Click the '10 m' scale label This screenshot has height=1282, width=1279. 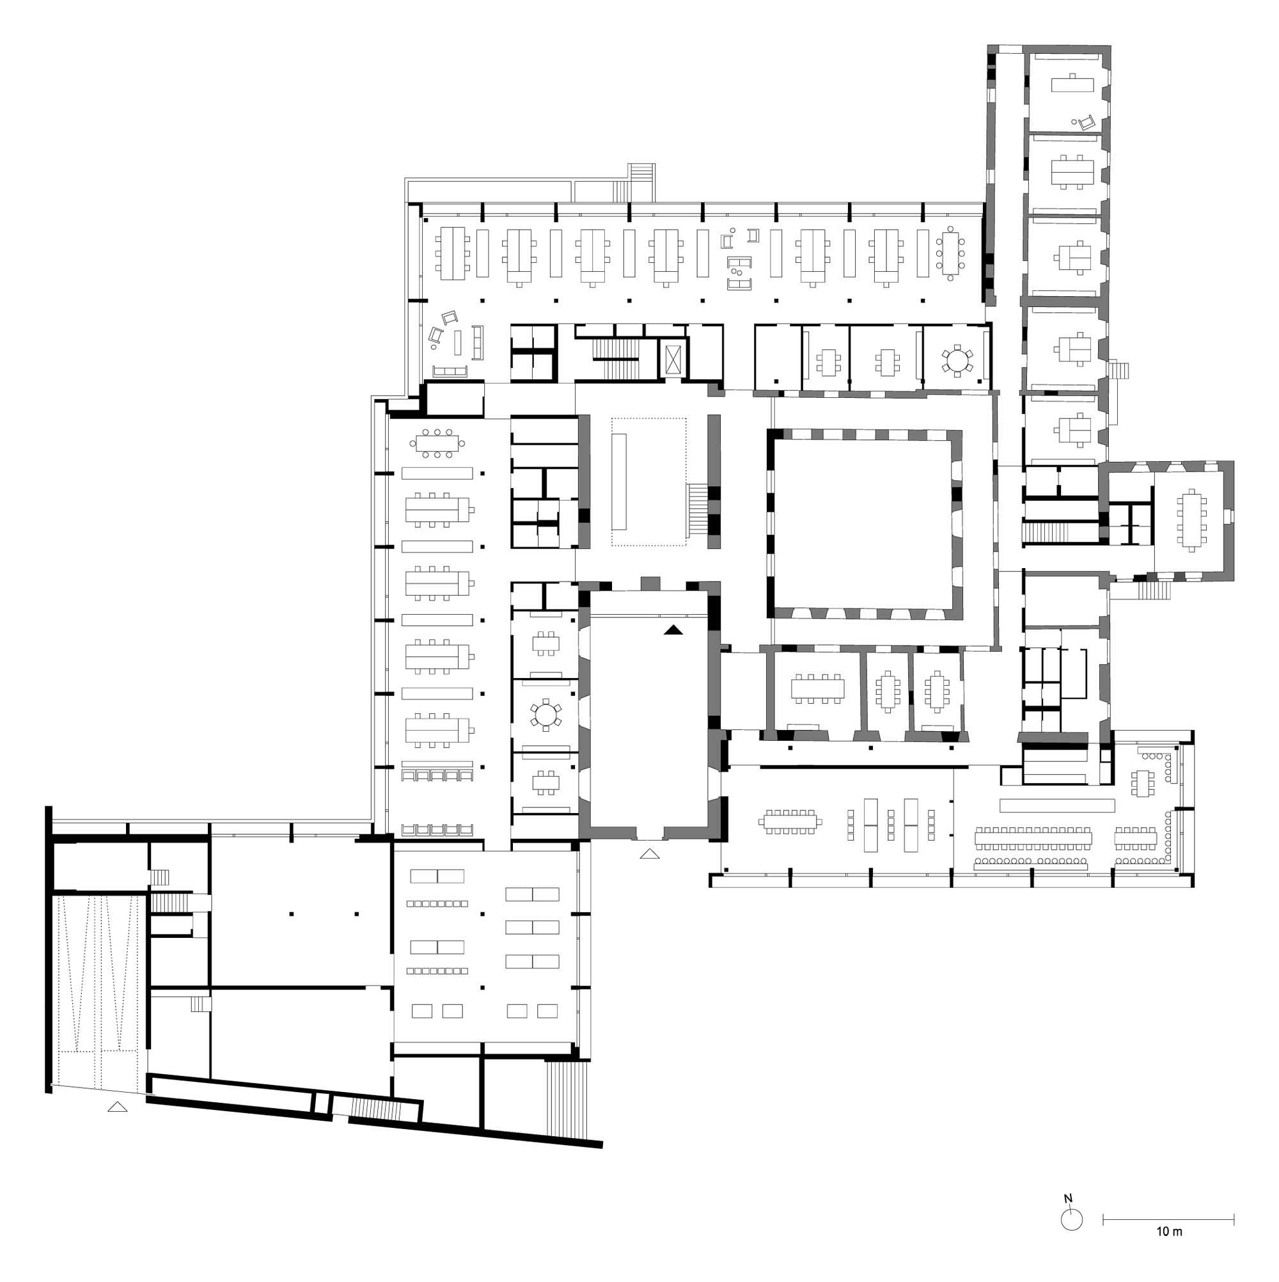click(1169, 1231)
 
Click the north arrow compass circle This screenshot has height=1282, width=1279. click(1072, 1219)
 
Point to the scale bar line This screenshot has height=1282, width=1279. click(1168, 1219)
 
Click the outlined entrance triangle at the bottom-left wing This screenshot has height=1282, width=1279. click(118, 1106)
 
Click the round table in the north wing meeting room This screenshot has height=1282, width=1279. click(956, 360)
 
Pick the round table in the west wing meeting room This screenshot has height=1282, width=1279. click(545, 714)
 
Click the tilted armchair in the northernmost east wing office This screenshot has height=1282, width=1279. click(1085, 122)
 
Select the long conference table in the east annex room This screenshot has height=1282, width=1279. click(1192, 519)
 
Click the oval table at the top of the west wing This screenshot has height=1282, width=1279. click(437, 443)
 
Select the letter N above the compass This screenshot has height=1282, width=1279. click(1067, 1198)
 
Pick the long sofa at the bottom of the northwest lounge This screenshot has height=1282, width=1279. click(450, 372)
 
